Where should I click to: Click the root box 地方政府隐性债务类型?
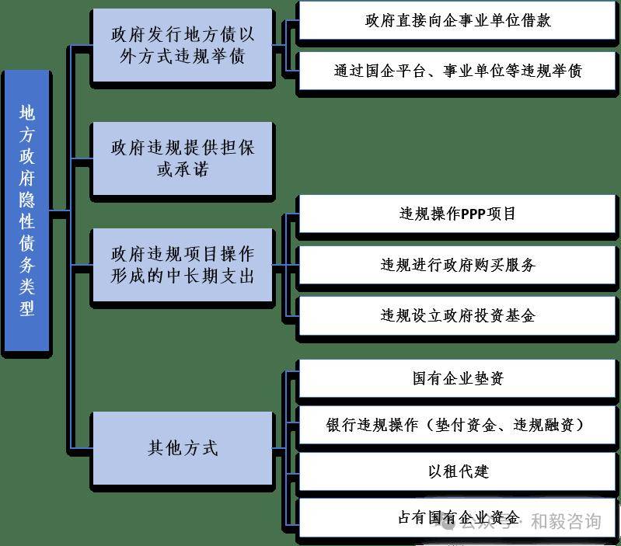pos(27,210)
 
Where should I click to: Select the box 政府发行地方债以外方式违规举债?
pos(183,46)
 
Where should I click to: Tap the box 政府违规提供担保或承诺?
pos(183,158)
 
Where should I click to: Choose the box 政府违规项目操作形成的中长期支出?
pos(183,265)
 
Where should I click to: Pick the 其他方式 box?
pos(183,448)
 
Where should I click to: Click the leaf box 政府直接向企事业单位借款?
pos(458,21)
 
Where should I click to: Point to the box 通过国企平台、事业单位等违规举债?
pos(458,71)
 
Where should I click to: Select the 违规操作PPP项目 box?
pos(458,214)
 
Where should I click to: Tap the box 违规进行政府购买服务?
pos(458,265)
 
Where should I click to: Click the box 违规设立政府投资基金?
pos(458,315)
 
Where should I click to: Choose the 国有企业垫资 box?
pos(458,378)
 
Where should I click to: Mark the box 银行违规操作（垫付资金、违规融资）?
pos(458,426)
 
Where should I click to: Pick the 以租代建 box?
pos(458,471)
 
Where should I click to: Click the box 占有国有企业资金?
pos(458,518)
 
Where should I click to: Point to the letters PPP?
pos(473,214)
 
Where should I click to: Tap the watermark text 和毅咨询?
pos(565,522)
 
